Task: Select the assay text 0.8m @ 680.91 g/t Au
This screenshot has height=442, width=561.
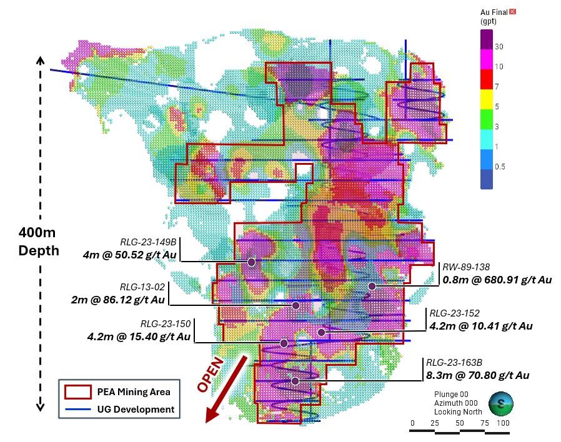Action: point(497,280)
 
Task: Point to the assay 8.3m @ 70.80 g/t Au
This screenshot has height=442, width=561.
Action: point(478,375)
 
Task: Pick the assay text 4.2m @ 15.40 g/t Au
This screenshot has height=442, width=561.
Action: point(139,336)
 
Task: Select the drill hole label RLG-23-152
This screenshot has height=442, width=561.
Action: point(453,313)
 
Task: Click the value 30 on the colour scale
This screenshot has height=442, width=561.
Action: point(499,47)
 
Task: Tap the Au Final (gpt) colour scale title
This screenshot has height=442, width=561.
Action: point(494,16)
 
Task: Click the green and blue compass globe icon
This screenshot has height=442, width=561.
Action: point(500,403)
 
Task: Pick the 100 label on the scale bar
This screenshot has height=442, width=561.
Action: point(503,424)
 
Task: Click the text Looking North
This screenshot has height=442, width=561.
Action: point(459,413)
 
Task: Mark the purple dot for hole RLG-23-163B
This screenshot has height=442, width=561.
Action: point(295,381)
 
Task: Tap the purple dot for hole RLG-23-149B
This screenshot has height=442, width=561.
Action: point(251,262)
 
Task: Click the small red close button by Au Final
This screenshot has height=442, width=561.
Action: point(513,11)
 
